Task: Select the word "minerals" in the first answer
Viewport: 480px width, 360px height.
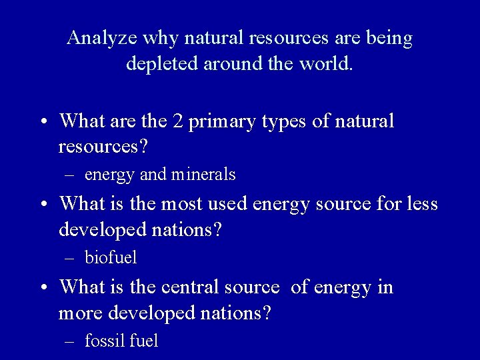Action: click(x=203, y=175)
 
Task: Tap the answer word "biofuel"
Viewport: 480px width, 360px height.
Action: click(x=111, y=257)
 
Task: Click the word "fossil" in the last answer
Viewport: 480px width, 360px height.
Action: click(x=105, y=341)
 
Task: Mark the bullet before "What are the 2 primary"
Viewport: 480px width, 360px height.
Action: click(x=43, y=123)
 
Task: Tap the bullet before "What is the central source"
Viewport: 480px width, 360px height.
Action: click(x=43, y=287)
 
